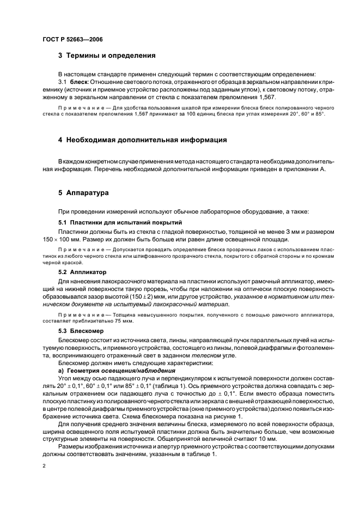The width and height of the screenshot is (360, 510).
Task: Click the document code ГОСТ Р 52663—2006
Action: pos(72,40)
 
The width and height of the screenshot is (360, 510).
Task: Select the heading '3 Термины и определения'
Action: pos(107,56)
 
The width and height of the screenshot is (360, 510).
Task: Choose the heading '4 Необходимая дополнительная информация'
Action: pos(143,140)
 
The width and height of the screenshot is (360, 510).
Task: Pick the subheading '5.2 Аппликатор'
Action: pos(82,271)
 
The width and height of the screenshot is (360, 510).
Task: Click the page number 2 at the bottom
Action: pos(44,466)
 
